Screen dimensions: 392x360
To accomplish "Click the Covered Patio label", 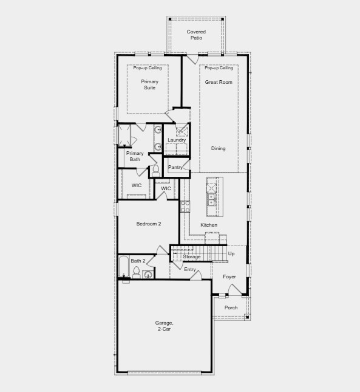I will click(x=196, y=35).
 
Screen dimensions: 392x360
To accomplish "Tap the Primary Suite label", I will click(x=149, y=84).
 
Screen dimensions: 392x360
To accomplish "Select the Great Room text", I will click(x=219, y=82).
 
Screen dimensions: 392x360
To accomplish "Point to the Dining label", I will click(x=219, y=148).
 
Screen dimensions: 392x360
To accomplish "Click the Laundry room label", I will click(x=177, y=140).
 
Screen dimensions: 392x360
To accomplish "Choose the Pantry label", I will click(x=175, y=167).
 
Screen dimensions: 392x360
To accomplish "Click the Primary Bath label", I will click(x=135, y=156).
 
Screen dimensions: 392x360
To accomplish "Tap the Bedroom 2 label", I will click(x=149, y=224).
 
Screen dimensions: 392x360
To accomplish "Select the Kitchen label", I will click(x=209, y=225).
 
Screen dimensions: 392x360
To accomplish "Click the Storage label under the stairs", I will click(x=192, y=257).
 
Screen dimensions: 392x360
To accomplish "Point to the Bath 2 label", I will click(x=138, y=261).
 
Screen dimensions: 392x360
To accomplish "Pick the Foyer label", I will click(x=229, y=277).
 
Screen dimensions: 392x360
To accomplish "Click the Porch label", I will click(x=231, y=308).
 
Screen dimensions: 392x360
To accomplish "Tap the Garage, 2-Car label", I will click(x=164, y=326).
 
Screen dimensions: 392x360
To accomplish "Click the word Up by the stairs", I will click(x=231, y=253).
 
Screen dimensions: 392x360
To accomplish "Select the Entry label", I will click(x=190, y=269).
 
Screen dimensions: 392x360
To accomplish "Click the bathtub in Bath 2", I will click(x=124, y=268).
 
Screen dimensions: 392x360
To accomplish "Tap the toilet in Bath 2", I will click(x=136, y=274).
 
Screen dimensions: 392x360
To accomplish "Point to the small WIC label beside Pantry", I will click(x=166, y=188).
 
